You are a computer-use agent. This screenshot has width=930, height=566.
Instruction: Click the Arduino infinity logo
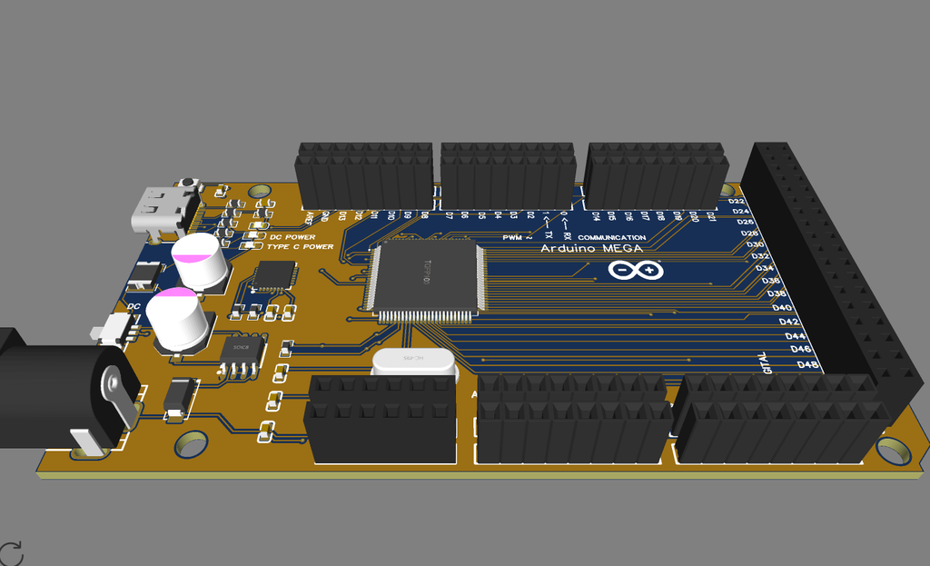pyautogui.click(x=636, y=270)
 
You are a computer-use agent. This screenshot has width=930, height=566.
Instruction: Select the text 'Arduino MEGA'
pyautogui.click(x=592, y=249)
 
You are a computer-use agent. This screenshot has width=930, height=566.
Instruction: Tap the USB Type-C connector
pyautogui.click(x=162, y=210)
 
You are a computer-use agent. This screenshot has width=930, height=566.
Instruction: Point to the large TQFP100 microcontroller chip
pyautogui.click(x=425, y=276)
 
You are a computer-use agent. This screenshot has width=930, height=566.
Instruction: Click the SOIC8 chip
pyautogui.click(x=242, y=349)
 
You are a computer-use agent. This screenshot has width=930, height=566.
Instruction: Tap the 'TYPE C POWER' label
pyautogui.click(x=301, y=246)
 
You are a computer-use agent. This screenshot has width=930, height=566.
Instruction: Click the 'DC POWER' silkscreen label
pyautogui.click(x=292, y=237)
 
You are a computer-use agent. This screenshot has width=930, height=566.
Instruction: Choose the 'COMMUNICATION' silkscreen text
pyautogui.click(x=611, y=238)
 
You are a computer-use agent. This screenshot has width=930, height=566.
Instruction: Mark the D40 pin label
pyautogui.click(x=782, y=308)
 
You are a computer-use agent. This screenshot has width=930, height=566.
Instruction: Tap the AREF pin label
pyautogui.click(x=311, y=216)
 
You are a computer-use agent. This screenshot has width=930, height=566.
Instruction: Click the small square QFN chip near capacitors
pyautogui.click(x=274, y=276)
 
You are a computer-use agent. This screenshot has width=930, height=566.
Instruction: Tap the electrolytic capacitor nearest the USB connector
pyautogui.click(x=202, y=261)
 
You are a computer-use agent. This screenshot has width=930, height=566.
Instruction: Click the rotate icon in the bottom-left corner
pyautogui.click(x=11, y=553)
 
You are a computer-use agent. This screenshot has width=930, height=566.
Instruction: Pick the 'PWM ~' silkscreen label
pyautogui.click(x=517, y=237)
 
